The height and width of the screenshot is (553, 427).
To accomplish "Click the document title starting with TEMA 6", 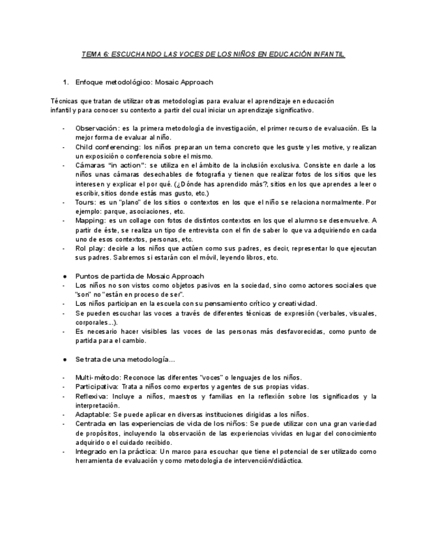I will (x=213, y=55).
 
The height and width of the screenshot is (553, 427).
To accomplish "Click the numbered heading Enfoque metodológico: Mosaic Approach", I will (x=144, y=82).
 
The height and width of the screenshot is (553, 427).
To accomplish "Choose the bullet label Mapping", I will (x=89, y=220).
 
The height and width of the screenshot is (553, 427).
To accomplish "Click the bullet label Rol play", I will (x=88, y=248).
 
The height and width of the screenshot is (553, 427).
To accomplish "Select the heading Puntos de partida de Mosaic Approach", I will (x=140, y=276).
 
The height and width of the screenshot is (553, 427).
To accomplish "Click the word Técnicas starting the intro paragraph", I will (x=63, y=101).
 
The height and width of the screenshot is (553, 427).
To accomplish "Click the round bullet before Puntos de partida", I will (x=65, y=276).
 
